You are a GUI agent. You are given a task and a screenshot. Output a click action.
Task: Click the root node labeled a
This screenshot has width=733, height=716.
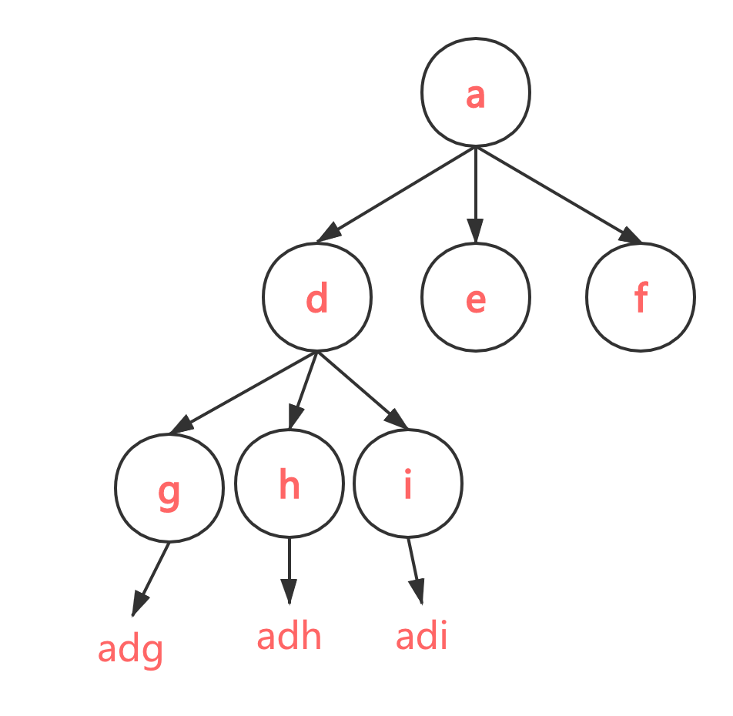(x=475, y=92)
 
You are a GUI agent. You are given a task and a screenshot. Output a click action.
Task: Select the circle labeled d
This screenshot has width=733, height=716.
(x=316, y=297)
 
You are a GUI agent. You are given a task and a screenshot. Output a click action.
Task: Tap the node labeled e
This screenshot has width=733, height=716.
(x=475, y=297)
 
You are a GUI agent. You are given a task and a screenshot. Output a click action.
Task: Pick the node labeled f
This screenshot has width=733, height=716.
(x=640, y=297)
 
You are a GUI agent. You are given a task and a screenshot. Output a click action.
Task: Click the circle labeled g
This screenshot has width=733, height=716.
(x=169, y=487)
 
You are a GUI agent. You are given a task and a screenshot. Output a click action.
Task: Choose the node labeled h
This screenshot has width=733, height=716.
(x=289, y=485)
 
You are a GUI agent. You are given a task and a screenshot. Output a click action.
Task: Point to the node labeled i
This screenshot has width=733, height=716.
(x=407, y=483)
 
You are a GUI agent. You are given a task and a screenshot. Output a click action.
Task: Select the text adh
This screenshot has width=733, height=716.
(x=289, y=637)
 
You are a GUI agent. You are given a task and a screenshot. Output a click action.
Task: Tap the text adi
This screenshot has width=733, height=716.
(x=421, y=637)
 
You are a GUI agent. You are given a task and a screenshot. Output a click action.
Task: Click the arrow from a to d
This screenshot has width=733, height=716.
(x=397, y=194)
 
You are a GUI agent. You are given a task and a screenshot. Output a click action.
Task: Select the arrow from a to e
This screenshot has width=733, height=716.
(x=475, y=192)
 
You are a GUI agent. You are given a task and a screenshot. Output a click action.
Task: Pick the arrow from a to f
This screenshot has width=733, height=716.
(x=556, y=194)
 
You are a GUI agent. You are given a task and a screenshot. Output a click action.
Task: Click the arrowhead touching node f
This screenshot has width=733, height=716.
(x=631, y=236)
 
